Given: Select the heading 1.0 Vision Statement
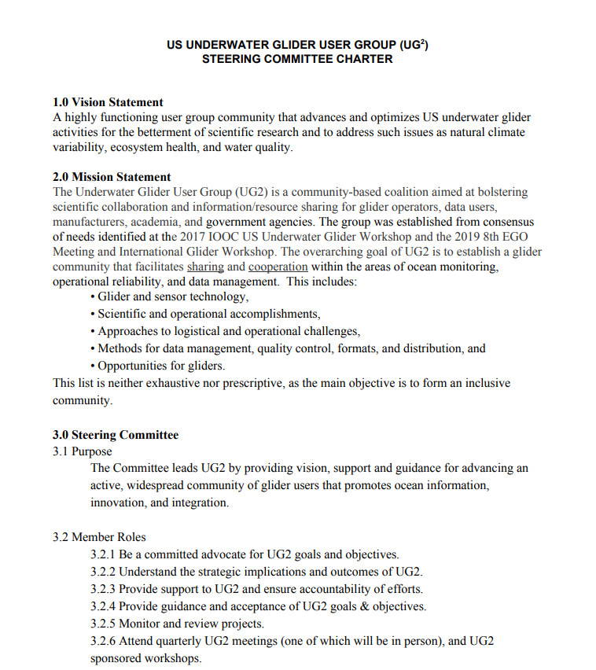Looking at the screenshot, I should tap(108, 102).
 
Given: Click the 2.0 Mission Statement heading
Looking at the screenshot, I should tap(112, 177).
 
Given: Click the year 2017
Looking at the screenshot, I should tap(193, 237).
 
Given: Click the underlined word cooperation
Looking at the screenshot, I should tap(278, 267).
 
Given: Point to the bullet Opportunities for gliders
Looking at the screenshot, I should tap(160, 366).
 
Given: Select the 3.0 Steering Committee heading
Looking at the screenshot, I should tap(116, 435).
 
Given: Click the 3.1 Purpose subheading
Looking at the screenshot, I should tap(82, 451).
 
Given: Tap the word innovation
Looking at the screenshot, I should tap(118, 502).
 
